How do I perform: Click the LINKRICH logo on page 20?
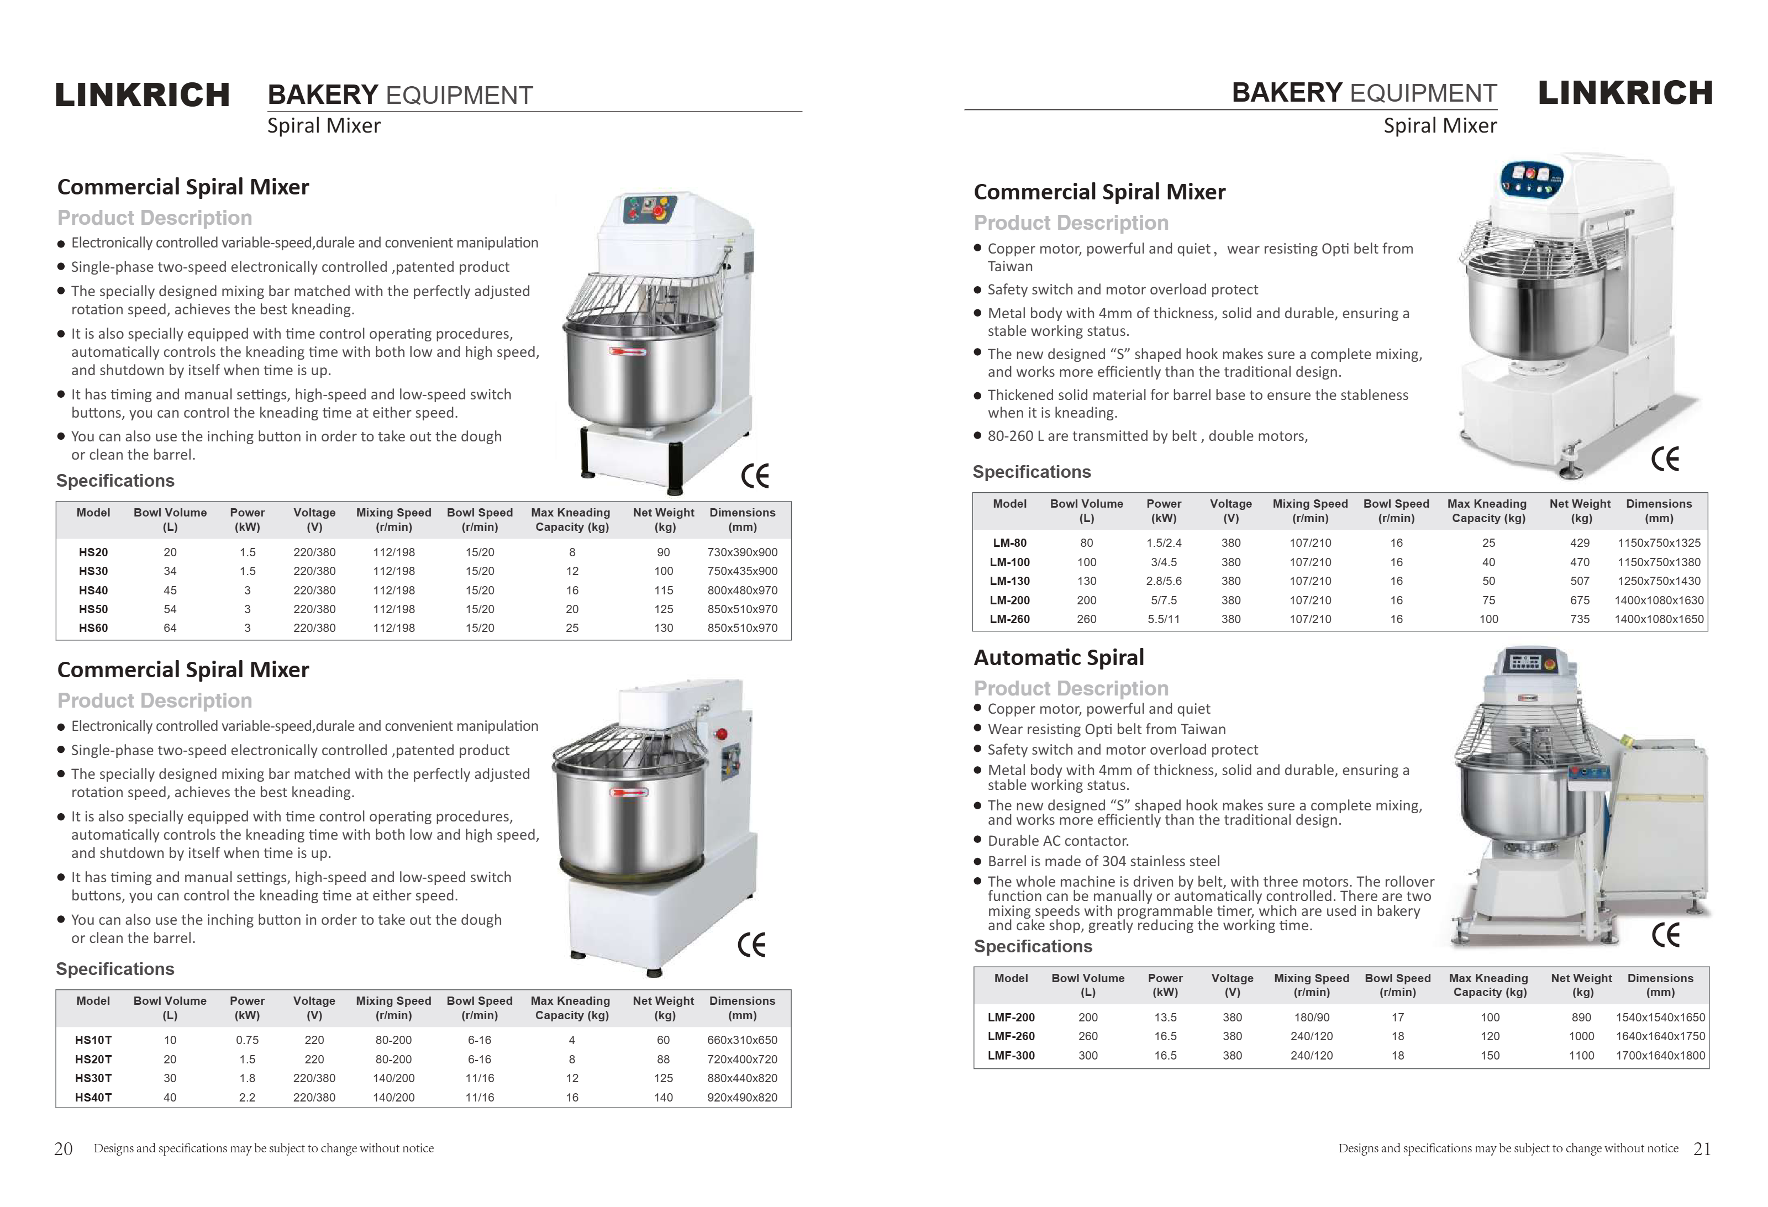coord(142,95)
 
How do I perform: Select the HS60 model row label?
coord(93,628)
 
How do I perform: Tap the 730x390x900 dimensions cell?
coord(742,552)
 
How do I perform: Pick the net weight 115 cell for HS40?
coord(664,590)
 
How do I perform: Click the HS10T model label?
coord(93,1040)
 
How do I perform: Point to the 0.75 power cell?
coord(248,1040)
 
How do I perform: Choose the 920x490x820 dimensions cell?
coord(742,1098)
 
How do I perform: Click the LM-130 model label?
coord(1009,581)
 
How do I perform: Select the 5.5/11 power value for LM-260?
coord(1163,619)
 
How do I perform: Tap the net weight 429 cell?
coord(1580,543)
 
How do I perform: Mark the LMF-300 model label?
coord(1011,1056)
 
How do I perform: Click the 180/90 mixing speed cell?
coord(1311,1018)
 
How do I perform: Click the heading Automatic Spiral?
coord(1058,658)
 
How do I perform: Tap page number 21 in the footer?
coord(1702,1149)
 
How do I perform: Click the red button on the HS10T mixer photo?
coord(721,734)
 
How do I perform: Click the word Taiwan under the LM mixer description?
coord(1009,267)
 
